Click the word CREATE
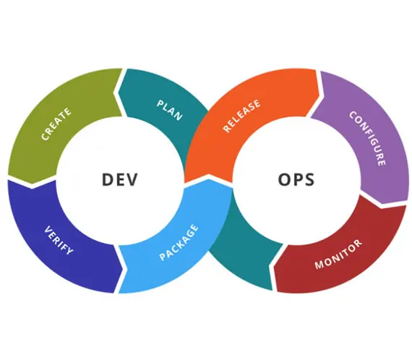point(56,124)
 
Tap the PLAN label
point(169,110)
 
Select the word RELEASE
point(241,116)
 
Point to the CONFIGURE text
point(368,138)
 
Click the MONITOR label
point(339,254)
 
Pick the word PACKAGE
point(179,242)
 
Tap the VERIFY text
point(59,240)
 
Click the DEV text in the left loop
point(119,180)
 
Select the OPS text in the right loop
point(296,180)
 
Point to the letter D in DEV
point(107,180)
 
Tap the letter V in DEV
point(132,180)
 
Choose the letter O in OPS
point(284,180)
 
